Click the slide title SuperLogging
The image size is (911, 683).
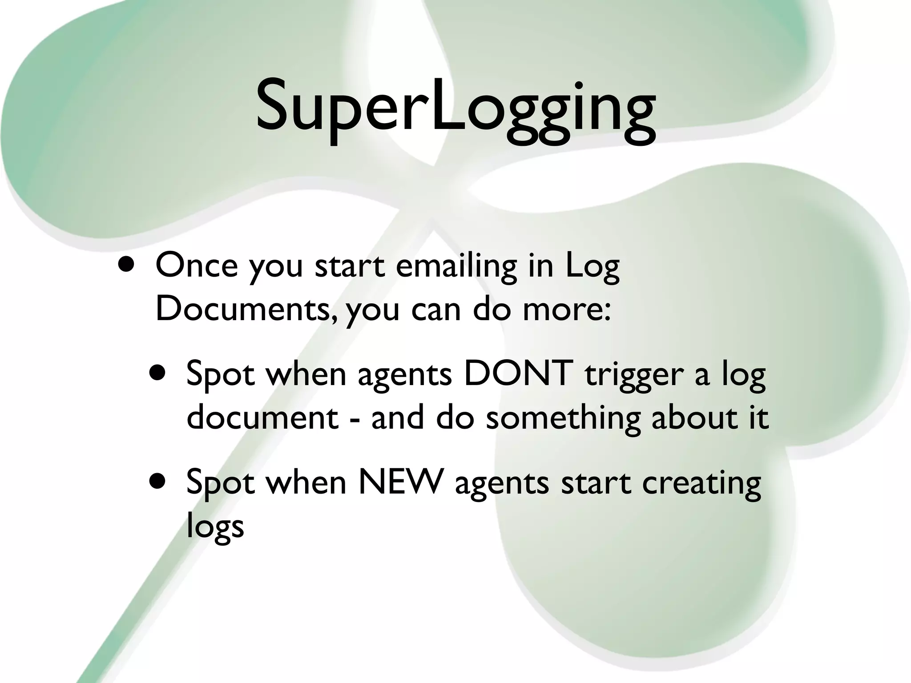coord(455,107)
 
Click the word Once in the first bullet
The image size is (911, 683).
coord(196,265)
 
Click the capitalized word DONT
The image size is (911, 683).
coord(518,374)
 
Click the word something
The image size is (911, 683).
coord(563,418)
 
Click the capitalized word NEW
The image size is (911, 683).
coord(401,482)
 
